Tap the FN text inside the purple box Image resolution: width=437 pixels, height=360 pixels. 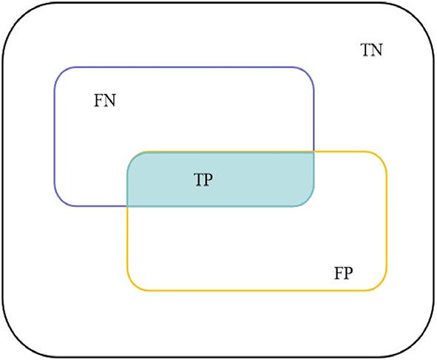pos(105,101)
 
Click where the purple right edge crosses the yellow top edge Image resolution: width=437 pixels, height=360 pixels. pos(314,152)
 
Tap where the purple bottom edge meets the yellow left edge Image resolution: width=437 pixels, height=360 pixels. pos(128,206)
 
